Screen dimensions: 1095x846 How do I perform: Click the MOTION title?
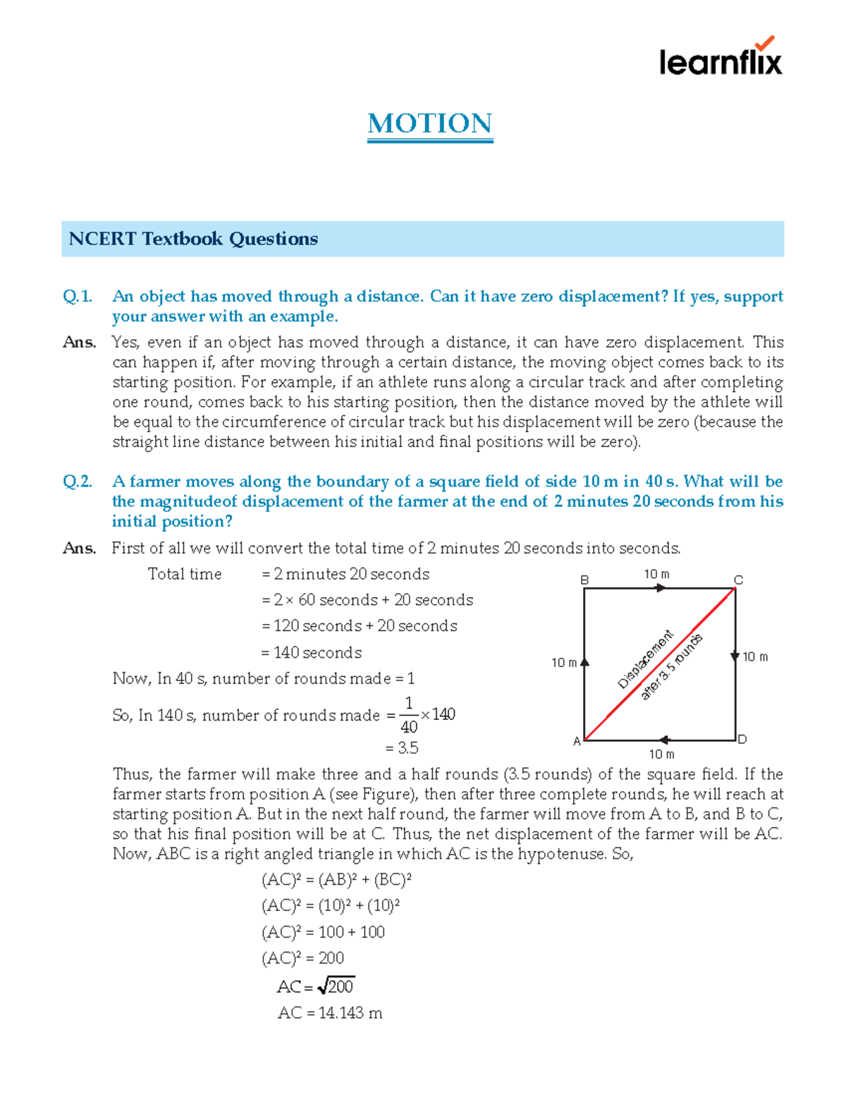[x=429, y=124]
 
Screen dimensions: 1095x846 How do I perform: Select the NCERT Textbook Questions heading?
[x=193, y=239]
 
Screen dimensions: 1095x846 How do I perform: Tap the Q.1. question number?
[x=78, y=296]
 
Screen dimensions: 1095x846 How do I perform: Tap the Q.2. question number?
[x=78, y=482]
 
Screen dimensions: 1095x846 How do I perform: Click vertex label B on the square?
[x=584, y=580]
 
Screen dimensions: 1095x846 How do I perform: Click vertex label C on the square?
[x=738, y=580]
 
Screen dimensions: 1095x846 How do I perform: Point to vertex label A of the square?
[x=577, y=741]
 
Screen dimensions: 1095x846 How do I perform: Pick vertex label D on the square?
[x=742, y=739]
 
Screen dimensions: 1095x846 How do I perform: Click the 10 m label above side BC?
[x=656, y=574]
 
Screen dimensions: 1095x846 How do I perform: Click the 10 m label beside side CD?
[x=755, y=656]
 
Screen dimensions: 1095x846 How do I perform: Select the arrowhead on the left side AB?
[x=584, y=662]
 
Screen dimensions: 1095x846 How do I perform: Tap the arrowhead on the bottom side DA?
[x=664, y=740]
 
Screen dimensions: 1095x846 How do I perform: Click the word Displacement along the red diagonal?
[x=645, y=659]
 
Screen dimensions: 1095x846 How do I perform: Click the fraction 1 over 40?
[x=408, y=715]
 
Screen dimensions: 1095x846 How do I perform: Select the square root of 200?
[x=336, y=986]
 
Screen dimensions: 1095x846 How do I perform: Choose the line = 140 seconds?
[x=312, y=653]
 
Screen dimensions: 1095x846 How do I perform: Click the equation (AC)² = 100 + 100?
[x=323, y=932]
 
